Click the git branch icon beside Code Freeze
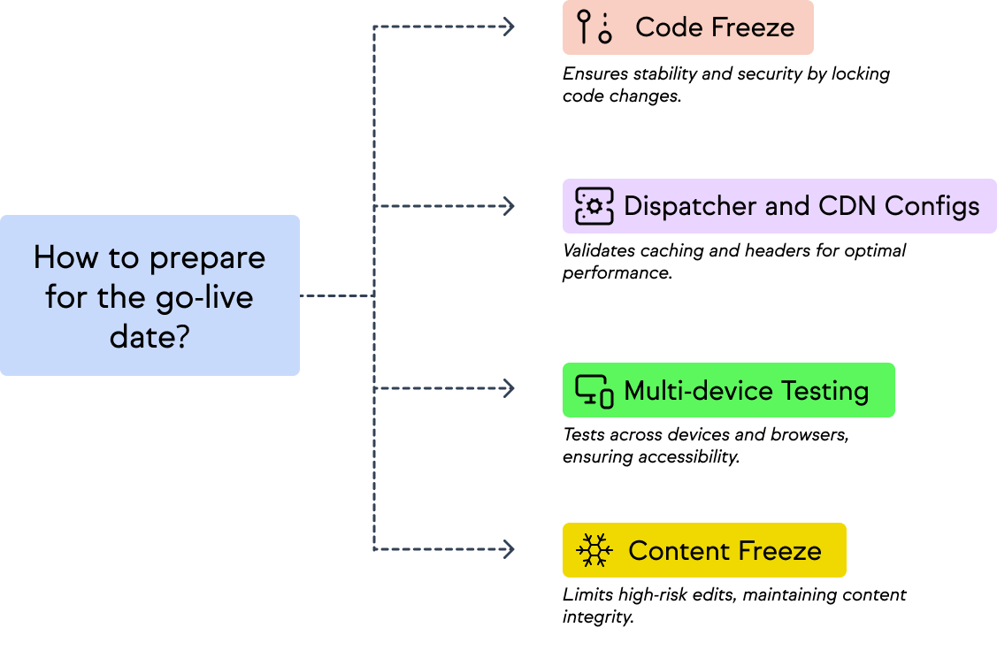point(594,27)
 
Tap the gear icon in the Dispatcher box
point(594,206)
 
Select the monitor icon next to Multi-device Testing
point(594,390)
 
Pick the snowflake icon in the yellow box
point(594,550)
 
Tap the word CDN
point(847,206)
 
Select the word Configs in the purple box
point(932,206)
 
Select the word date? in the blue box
point(150,335)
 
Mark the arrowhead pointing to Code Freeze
point(508,27)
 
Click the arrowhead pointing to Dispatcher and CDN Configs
point(508,206)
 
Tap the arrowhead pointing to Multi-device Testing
point(508,388)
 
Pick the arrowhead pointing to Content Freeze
point(508,549)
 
